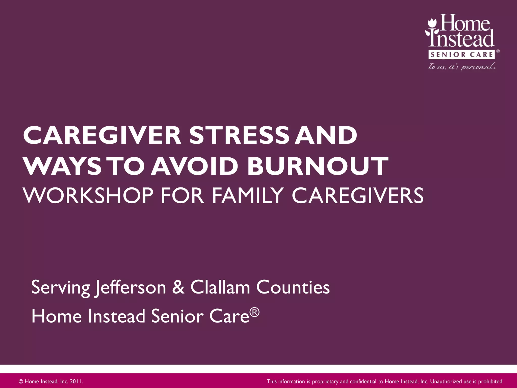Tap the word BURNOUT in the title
(318, 166)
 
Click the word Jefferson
(130, 287)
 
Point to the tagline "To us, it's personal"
(461, 67)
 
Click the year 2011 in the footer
(76, 381)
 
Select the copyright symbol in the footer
(21, 381)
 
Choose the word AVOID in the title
(194, 166)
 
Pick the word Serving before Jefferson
(60, 287)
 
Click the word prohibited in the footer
(490, 381)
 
